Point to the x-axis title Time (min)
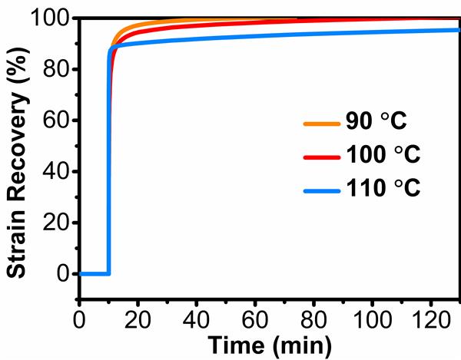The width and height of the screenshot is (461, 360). coord(267,342)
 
